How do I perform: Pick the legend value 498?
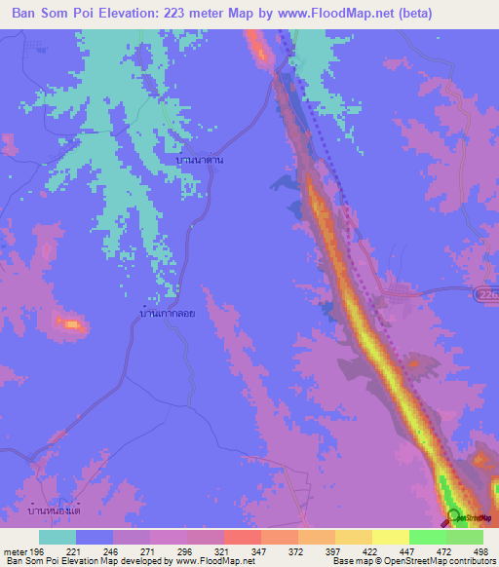click(478, 550)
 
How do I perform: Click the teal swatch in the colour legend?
click(58, 537)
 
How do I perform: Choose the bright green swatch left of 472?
click(428, 537)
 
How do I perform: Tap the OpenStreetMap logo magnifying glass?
click(452, 516)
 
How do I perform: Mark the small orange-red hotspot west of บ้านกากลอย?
click(71, 322)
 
